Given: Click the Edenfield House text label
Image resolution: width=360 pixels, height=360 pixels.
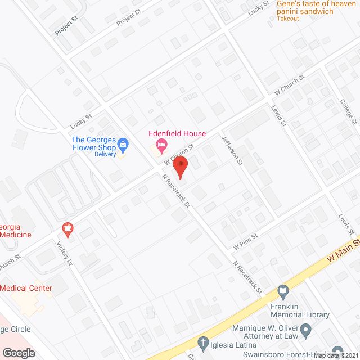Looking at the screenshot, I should pos(177,134).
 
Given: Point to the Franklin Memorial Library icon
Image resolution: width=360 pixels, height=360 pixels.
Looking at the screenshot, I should pos(283,292).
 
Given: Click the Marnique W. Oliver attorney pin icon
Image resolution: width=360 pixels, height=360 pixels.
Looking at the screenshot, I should pos(306,330).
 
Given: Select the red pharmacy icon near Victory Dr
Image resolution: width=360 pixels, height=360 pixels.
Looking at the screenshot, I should pos(68,229).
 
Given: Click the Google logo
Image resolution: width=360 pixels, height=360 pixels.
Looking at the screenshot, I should pos(19,353).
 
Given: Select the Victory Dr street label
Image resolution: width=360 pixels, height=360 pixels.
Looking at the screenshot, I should pos(65,254).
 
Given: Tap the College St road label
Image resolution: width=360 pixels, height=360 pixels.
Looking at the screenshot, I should pos(348,110).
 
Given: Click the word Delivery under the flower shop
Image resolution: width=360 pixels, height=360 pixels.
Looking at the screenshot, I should pos(105,154).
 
